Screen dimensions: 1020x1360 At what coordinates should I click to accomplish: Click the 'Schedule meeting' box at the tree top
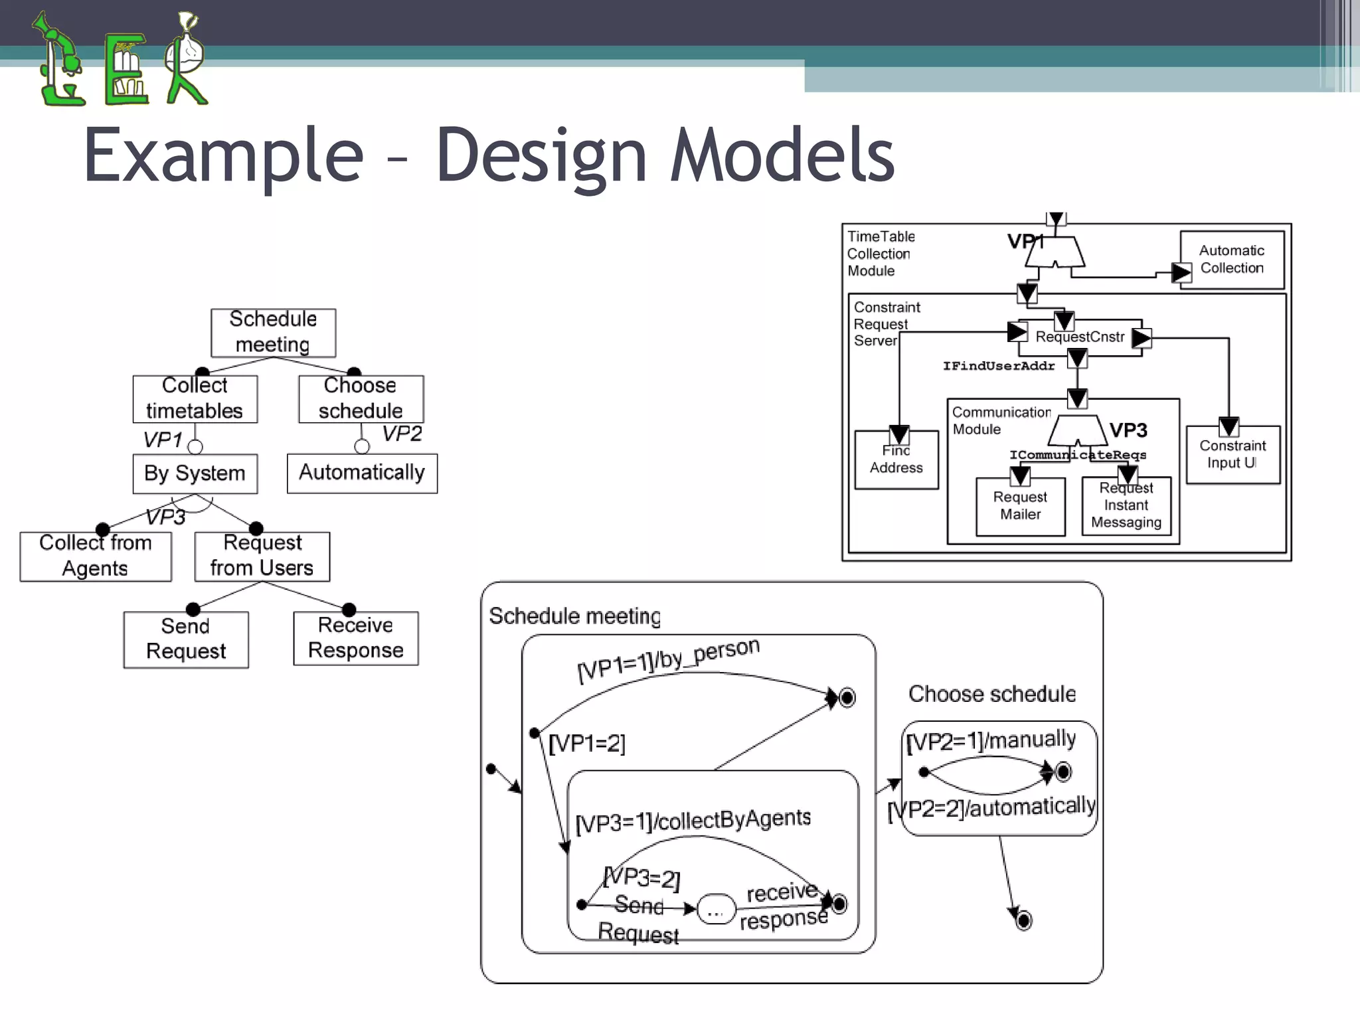(x=273, y=333)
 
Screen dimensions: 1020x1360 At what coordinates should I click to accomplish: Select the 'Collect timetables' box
(x=195, y=398)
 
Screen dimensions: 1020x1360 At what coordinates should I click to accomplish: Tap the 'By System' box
(x=195, y=473)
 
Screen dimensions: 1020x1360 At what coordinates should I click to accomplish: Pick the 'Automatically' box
(x=362, y=473)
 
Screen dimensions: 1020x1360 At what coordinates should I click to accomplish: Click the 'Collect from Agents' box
(x=96, y=556)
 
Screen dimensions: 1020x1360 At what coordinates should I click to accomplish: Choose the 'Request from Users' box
(x=262, y=556)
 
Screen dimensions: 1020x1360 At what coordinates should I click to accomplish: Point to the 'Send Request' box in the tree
(x=186, y=639)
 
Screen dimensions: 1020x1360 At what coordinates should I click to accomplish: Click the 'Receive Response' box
(x=356, y=638)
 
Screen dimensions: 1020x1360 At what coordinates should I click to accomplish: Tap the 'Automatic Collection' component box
(x=1232, y=260)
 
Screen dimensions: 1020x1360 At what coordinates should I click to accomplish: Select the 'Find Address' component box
(x=896, y=460)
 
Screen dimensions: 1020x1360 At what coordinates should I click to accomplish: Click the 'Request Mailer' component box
(x=1020, y=506)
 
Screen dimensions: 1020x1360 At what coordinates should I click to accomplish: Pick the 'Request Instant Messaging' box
(x=1126, y=506)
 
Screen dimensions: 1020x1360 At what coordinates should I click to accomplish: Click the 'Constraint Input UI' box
(x=1232, y=455)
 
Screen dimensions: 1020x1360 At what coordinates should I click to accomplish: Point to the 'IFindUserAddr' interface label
(x=999, y=366)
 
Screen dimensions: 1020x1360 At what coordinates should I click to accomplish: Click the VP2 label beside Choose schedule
(x=402, y=434)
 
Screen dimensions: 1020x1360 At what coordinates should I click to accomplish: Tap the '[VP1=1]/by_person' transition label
(x=668, y=659)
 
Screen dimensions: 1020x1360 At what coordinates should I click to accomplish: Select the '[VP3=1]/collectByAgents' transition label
(x=693, y=821)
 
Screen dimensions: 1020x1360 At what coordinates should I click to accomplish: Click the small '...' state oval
(x=716, y=909)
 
